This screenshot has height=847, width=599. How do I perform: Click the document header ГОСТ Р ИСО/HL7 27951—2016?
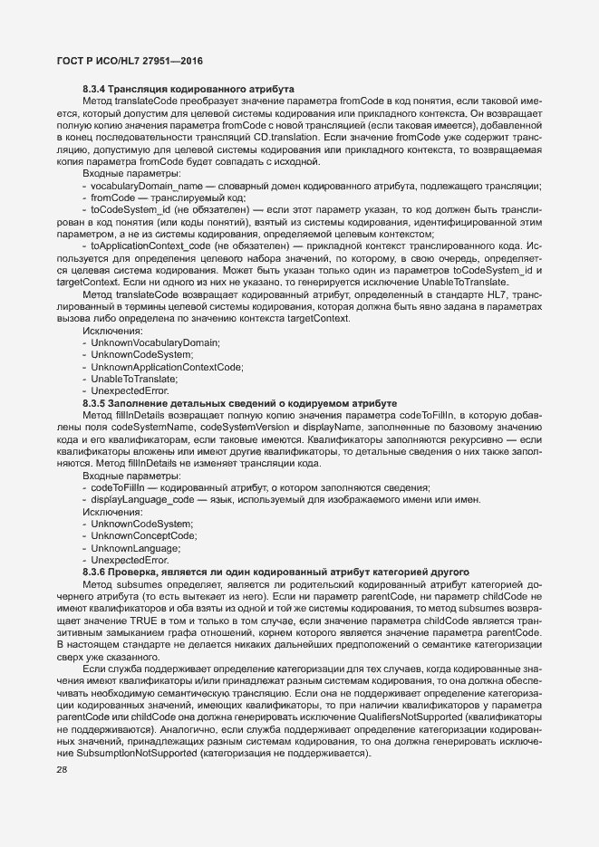pos(123,61)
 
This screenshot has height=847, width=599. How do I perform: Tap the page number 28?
pos(62,770)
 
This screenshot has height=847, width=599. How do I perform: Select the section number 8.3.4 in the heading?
pos(95,89)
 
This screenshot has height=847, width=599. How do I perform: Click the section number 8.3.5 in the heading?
pos(95,402)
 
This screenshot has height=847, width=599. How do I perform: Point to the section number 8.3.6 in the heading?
pos(95,573)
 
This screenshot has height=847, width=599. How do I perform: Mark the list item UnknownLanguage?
pos(135,548)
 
